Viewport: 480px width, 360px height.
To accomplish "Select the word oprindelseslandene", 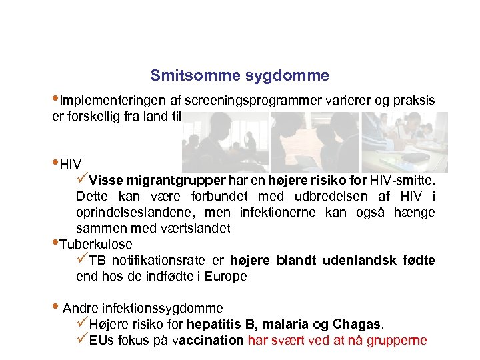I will [x=133, y=212].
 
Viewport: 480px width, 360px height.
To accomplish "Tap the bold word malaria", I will [x=286, y=325].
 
